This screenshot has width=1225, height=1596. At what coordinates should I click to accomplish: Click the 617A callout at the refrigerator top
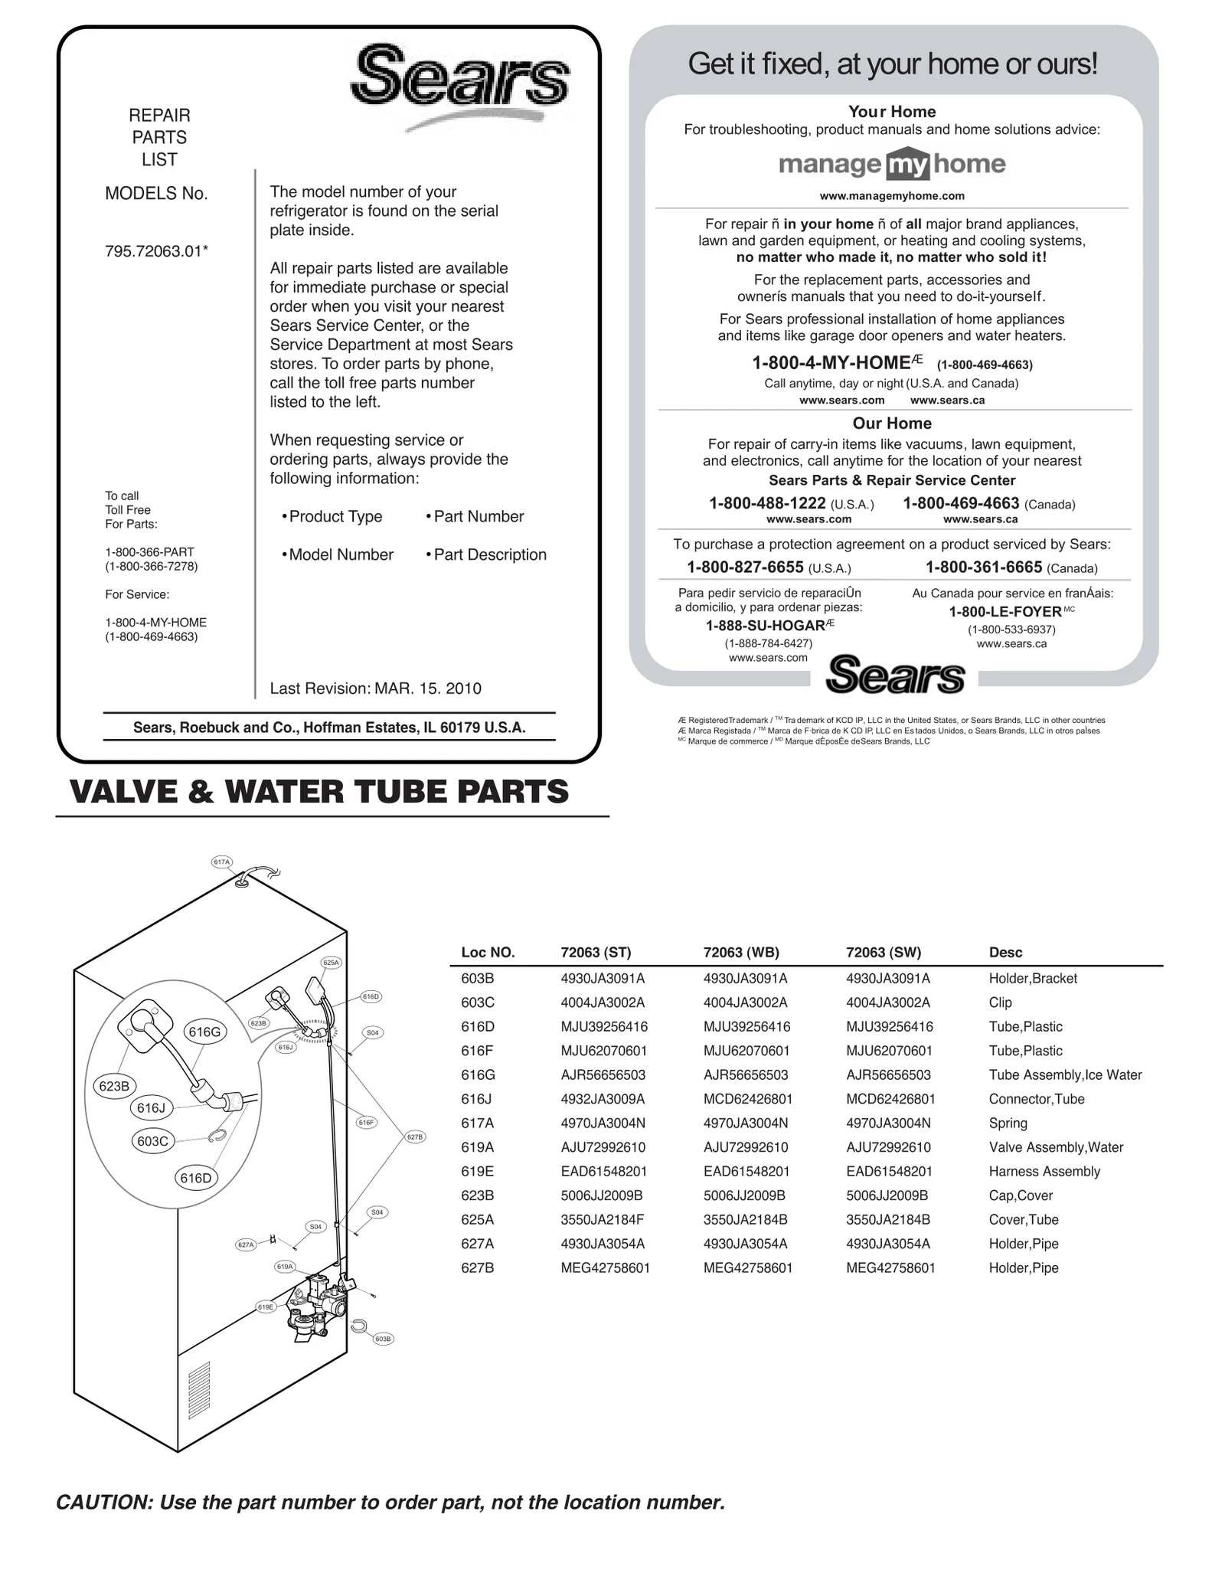[x=221, y=862]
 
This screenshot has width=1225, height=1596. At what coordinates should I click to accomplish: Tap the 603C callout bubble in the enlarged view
[x=152, y=1141]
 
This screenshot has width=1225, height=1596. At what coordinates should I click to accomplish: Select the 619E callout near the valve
[x=266, y=1307]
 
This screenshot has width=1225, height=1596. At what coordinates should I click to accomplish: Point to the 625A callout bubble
[x=331, y=962]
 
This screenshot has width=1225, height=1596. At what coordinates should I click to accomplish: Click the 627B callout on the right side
[x=414, y=1137]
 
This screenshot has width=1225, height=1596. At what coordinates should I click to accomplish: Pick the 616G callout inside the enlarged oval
[x=204, y=1032]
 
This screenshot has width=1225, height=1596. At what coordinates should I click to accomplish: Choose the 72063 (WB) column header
[x=740, y=952]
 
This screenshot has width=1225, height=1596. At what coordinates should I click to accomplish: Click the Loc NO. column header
[x=488, y=952]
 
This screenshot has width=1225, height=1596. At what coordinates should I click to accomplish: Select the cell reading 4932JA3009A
[x=603, y=1099]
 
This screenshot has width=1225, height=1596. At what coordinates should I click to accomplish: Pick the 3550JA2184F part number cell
[x=603, y=1219]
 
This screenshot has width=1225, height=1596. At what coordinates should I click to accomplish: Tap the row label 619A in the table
[x=477, y=1147]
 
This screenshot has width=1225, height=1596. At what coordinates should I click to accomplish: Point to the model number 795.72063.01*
[x=156, y=250]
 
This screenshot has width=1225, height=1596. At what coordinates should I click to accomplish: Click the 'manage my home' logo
[x=892, y=164]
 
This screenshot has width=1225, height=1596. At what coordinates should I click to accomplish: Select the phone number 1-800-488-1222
[x=767, y=503]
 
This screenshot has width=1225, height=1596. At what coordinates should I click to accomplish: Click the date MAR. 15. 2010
[x=428, y=688]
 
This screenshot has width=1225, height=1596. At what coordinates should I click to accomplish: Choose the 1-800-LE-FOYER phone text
[x=1005, y=611]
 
